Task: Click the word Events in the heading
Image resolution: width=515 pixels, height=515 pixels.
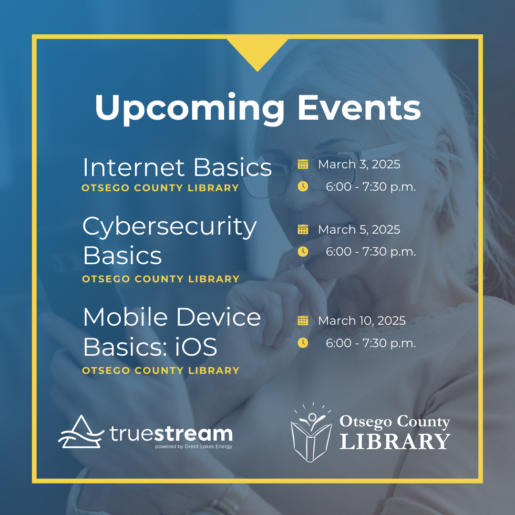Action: [x=359, y=107]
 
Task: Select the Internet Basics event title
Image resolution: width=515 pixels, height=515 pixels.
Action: [x=177, y=167]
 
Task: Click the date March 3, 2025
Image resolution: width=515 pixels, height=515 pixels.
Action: [x=359, y=164]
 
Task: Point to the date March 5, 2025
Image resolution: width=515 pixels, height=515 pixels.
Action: [x=359, y=229]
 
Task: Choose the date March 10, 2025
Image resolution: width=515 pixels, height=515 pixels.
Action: [x=361, y=320]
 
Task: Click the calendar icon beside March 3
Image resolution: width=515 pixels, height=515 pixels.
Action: [x=303, y=164]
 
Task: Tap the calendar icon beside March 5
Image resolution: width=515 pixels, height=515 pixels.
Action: [x=303, y=229]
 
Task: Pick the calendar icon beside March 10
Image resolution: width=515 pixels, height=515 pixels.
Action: [x=303, y=320]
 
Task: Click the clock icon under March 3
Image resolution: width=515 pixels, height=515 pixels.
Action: [x=303, y=186]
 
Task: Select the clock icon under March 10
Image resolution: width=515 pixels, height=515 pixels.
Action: [x=303, y=343]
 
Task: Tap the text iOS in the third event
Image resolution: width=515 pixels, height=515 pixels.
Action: [x=196, y=347]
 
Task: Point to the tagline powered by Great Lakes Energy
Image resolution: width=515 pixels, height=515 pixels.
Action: [x=194, y=447]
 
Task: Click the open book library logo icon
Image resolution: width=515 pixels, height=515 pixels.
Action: [x=311, y=432]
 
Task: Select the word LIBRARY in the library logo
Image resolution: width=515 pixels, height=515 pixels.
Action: [x=395, y=441]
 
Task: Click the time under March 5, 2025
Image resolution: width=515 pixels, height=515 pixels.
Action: [x=371, y=252]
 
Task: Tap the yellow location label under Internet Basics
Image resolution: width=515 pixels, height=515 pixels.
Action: [x=160, y=188]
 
